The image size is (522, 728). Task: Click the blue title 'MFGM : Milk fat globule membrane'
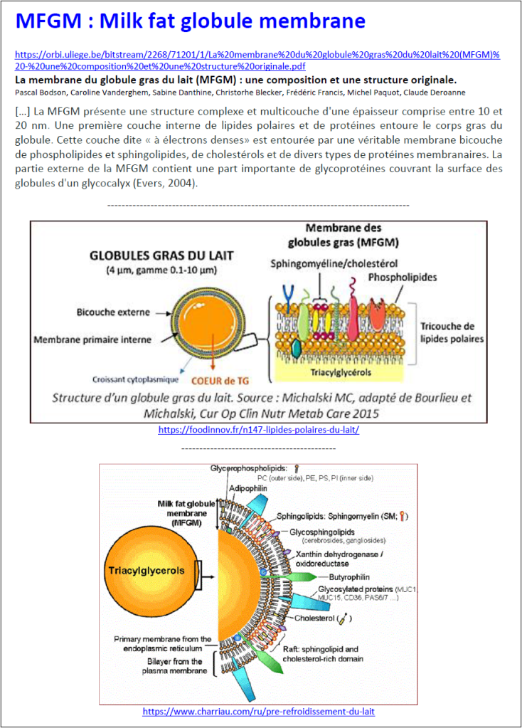[190, 21]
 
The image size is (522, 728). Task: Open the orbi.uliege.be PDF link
[257, 59]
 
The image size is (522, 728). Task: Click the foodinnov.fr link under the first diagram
[258, 431]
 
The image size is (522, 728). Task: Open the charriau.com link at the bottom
[258, 711]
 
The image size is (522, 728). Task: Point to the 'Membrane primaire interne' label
[92, 339]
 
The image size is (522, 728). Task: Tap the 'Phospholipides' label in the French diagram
[402, 277]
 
